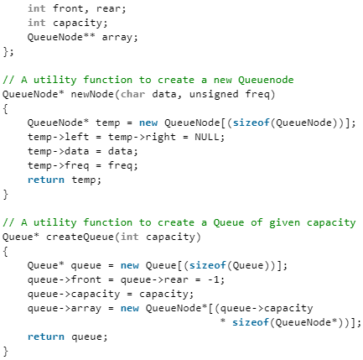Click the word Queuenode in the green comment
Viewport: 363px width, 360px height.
266,80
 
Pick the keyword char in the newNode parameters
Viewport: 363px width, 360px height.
132,94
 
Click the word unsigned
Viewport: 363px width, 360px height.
214,95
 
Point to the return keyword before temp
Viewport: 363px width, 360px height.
46,180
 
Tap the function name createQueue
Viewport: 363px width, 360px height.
80,237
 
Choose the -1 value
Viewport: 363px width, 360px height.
214,279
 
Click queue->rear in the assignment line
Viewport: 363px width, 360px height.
154,280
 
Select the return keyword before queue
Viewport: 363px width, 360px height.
46,337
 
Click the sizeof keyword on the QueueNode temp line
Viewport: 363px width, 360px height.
251,123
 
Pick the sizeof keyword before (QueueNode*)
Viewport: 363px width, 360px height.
251,322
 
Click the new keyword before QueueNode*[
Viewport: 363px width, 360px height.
130,309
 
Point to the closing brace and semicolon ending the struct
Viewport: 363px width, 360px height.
8,52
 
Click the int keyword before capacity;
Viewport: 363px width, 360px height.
37,23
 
